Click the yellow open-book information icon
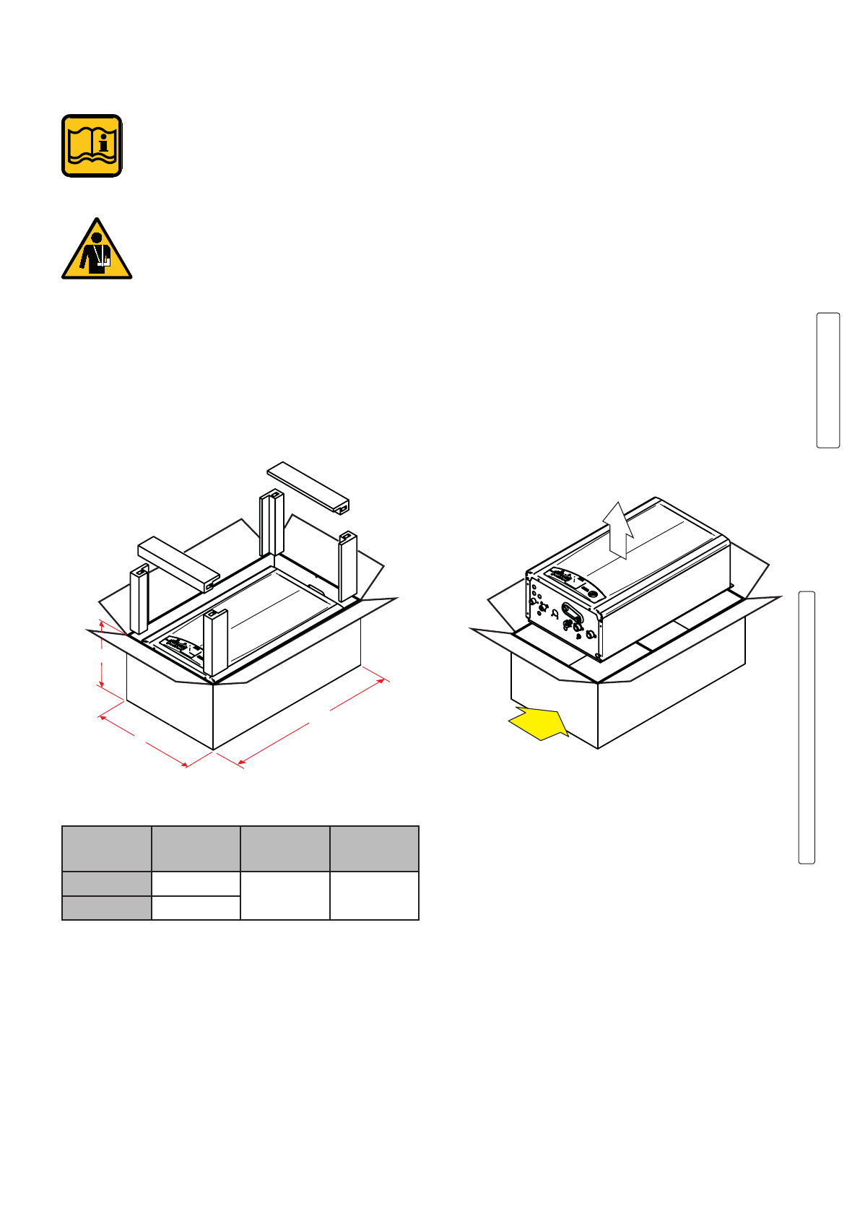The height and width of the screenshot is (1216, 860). coord(92,145)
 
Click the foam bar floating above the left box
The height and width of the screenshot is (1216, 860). coord(308,488)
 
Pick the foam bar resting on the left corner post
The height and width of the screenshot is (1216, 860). coord(178,562)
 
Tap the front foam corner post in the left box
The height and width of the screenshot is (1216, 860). coord(215,643)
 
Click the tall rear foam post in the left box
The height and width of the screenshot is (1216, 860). coord(272,524)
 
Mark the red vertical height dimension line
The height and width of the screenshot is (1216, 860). coord(102,653)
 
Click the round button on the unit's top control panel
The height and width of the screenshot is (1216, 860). coord(593,594)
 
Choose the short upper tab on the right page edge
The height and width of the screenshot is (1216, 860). coord(828,380)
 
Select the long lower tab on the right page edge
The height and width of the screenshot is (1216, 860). coord(806,727)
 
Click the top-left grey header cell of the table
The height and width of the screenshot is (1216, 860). coord(107,848)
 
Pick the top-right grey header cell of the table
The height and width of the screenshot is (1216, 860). coord(374,848)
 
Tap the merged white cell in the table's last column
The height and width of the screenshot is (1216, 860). coord(374,895)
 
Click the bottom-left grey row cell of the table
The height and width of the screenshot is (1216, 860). coord(107,908)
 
